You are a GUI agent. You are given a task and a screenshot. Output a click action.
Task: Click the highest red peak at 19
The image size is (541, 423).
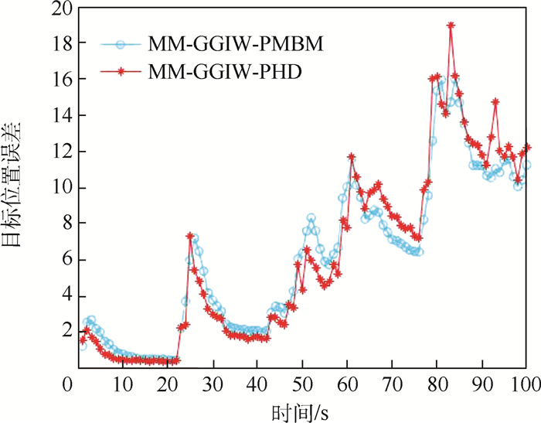451,26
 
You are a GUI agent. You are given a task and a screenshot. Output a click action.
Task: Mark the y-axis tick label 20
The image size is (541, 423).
59,9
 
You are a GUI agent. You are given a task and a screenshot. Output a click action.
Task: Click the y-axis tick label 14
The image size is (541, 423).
59,116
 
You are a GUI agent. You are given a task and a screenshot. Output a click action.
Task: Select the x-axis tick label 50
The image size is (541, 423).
301,383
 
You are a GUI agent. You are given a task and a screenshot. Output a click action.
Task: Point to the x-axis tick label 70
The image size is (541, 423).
392,383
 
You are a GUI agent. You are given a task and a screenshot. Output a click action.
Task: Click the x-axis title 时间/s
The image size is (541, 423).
302,409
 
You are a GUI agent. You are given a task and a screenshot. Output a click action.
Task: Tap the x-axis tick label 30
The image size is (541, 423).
211,383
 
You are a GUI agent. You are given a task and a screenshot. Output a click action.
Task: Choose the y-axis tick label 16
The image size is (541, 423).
59,80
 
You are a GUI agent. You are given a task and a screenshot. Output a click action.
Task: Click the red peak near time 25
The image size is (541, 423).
189,236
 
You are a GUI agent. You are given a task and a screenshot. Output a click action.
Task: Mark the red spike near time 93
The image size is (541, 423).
495,101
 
